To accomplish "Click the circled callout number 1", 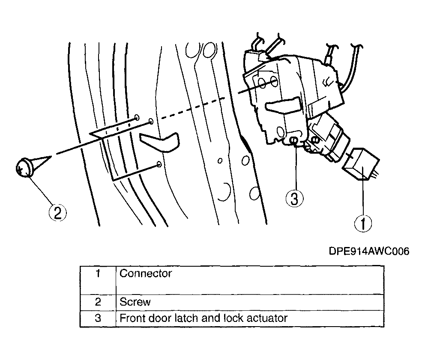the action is (x=363, y=223).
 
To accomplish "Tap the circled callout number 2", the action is (x=57, y=212).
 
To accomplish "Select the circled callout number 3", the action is (x=295, y=199).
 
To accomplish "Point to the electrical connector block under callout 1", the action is (x=360, y=164).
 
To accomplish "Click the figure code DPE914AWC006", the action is (x=369, y=251).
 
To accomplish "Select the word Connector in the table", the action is (x=146, y=274).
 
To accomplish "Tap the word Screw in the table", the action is (x=135, y=302).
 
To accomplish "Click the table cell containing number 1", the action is (x=98, y=280).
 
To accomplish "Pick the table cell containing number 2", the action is (x=98, y=302).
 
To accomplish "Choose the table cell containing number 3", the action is (x=98, y=318).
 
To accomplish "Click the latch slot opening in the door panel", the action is (x=160, y=142).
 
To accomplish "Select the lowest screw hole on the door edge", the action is (x=159, y=164).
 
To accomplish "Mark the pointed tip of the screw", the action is (x=51, y=156).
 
